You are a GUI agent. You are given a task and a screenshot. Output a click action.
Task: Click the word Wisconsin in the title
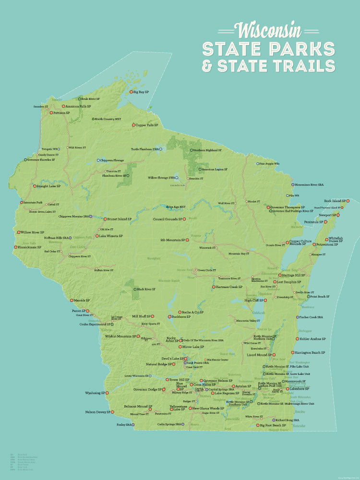click(x=269, y=30)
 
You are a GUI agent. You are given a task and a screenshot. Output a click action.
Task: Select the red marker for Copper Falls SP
click(x=133, y=125)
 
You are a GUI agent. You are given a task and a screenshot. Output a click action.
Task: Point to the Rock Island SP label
click(x=335, y=201)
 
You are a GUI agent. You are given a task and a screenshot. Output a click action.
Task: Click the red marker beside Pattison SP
click(x=50, y=113)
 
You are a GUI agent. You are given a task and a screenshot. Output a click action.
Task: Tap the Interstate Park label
click(x=34, y=203)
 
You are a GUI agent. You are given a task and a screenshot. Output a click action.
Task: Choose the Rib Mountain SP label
click(x=172, y=240)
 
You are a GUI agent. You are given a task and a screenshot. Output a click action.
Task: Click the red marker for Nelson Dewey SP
click(x=112, y=412)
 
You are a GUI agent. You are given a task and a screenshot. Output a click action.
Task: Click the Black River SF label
click(x=146, y=289)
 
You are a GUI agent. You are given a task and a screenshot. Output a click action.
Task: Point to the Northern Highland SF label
click(x=207, y=150)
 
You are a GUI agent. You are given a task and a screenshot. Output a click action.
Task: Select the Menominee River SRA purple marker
click(x=292, y=184)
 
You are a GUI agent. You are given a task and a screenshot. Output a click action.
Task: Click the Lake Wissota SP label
click(x=111, y=236)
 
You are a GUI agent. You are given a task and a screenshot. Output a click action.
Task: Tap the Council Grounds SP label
click(x=168, y=219)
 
